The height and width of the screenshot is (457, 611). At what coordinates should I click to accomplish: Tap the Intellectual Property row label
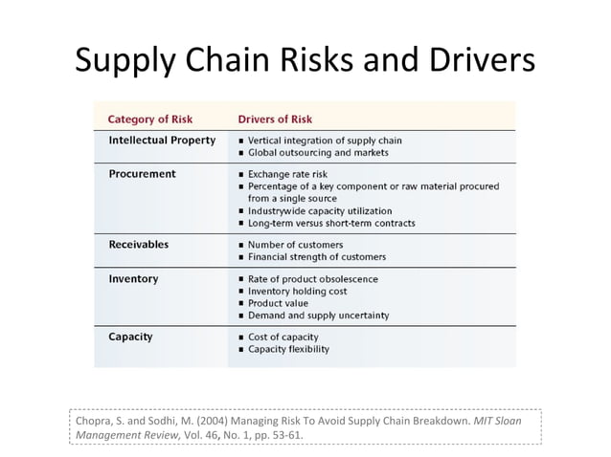coord(162,140)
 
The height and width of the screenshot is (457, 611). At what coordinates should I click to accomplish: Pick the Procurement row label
coord(142,174)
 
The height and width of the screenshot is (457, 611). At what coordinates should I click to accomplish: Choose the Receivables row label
coord(139,244)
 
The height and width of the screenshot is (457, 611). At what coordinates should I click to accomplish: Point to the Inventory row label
coord(133,279)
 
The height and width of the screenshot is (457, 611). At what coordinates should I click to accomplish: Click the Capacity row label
coord(130,337)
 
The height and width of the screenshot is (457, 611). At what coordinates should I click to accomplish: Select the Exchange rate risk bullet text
coord(287,175)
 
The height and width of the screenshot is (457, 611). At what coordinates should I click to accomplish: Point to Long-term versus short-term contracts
coord(331,223)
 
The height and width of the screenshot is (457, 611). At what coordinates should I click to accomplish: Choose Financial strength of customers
coord(317,257)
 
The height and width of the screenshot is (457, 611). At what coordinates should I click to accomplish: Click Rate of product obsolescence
coord(312,279)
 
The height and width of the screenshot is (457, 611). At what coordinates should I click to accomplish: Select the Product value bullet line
coord(281,303)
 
